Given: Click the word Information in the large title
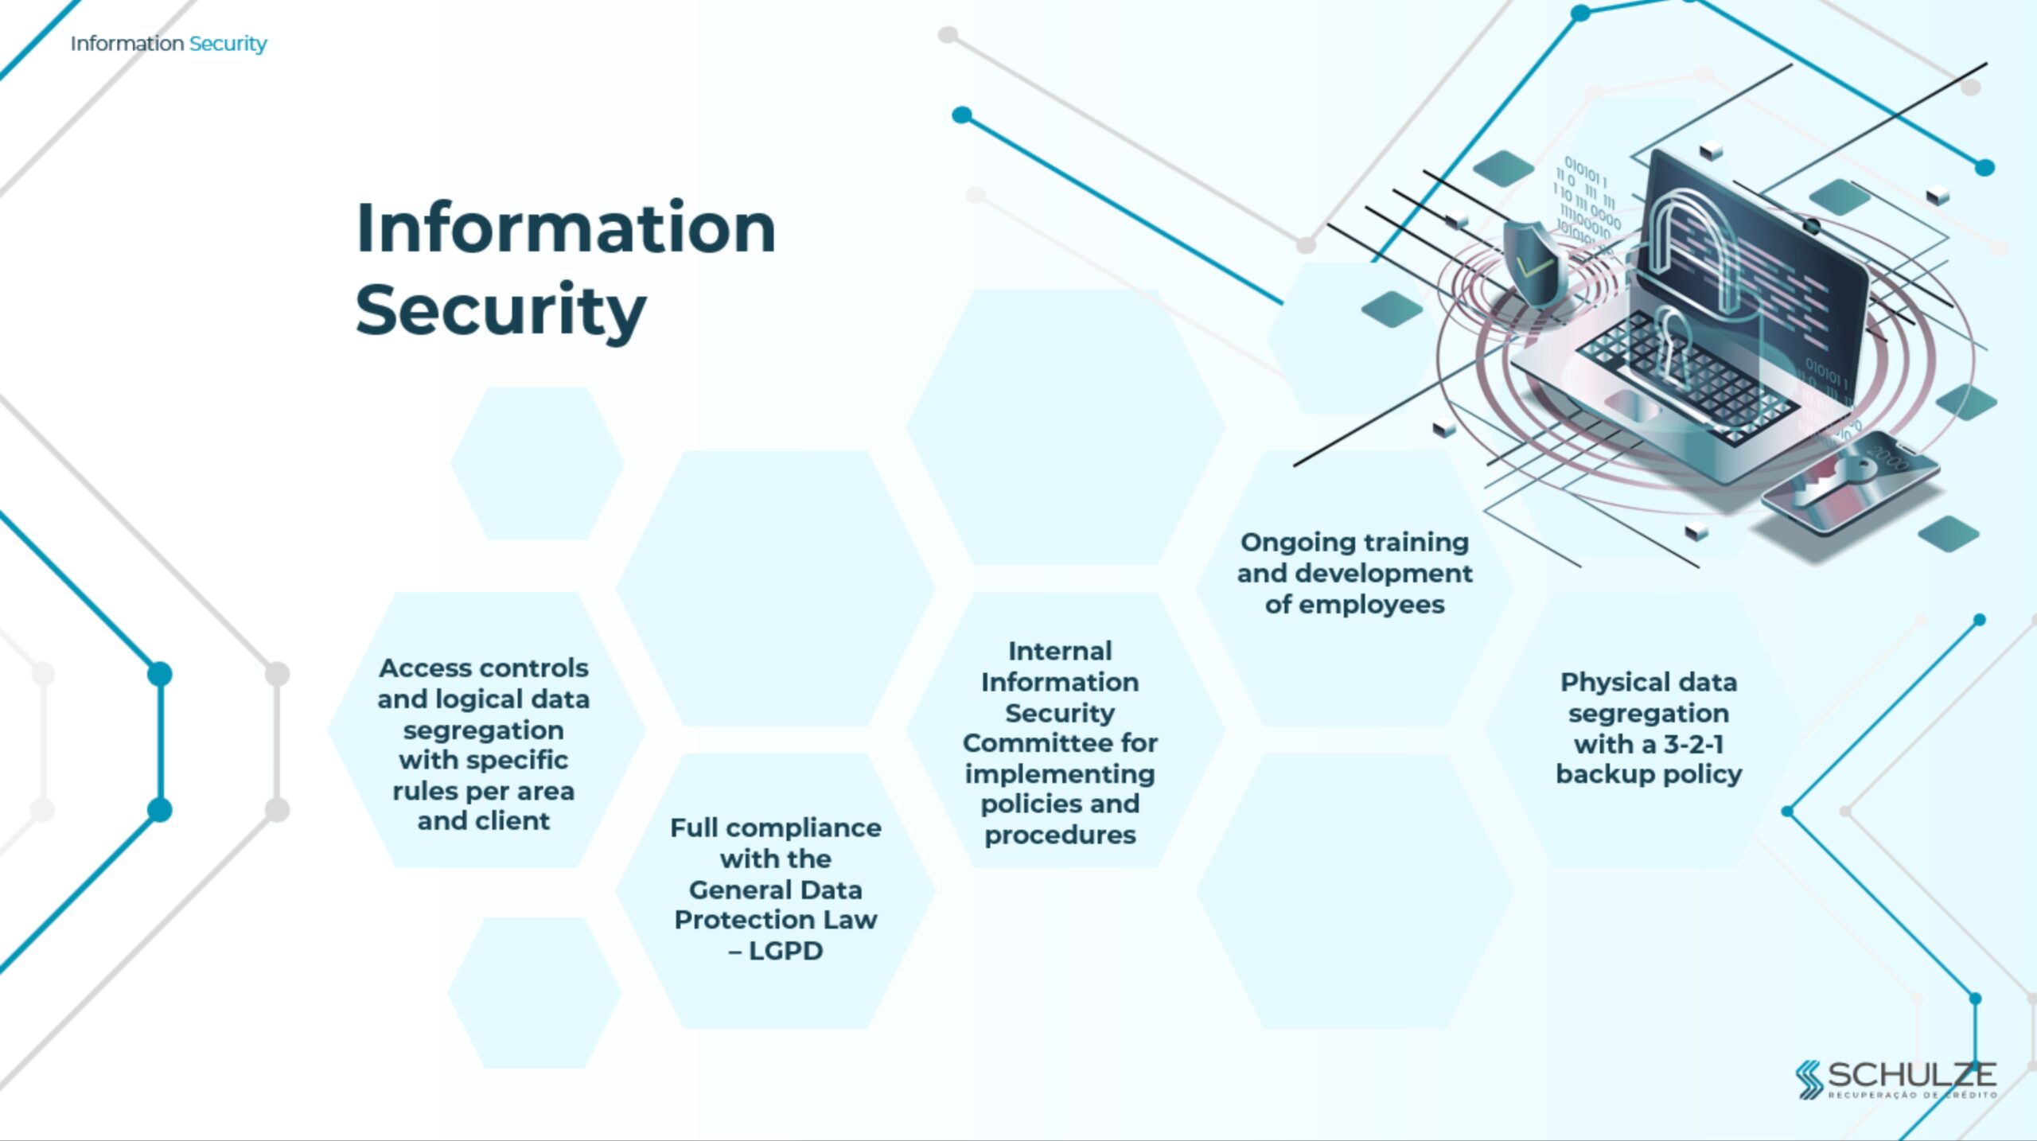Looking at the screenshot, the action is [566, 228].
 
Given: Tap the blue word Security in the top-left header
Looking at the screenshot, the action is [228, 44].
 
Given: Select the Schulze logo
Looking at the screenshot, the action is [1895, 1079].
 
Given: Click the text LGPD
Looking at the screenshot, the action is [785, 951].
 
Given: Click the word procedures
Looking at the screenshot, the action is [1060, 835].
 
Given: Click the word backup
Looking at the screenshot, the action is [1603, 774].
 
